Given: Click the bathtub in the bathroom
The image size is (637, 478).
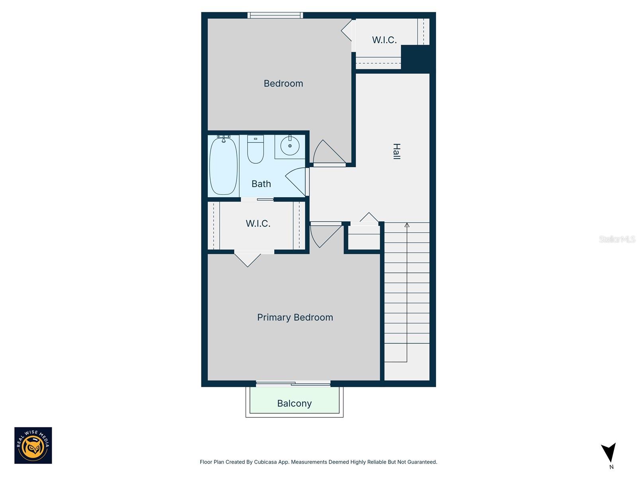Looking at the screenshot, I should pos(223,166).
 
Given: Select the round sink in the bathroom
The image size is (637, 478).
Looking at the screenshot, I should pos(290,146).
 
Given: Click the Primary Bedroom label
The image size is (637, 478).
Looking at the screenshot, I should pos(295,317).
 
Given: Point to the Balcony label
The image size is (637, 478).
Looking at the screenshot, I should pos(294,404).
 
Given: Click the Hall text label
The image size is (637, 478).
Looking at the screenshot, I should pos(397,151).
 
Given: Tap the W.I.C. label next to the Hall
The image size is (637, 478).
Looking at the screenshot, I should pos(384,40).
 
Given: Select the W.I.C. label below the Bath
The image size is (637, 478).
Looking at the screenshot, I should pos(258,223).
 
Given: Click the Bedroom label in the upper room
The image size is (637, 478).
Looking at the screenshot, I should pos(283,83).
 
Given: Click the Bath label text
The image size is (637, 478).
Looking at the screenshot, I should pos(261,184).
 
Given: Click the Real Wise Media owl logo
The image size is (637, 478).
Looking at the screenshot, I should pos(33,445).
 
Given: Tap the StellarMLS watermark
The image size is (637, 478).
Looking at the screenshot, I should pos(617,239).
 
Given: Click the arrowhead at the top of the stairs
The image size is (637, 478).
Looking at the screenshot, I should pos(407,225).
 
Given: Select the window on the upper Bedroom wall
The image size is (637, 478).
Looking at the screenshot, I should pos(275,15).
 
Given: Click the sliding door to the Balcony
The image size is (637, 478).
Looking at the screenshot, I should pos(293,384).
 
